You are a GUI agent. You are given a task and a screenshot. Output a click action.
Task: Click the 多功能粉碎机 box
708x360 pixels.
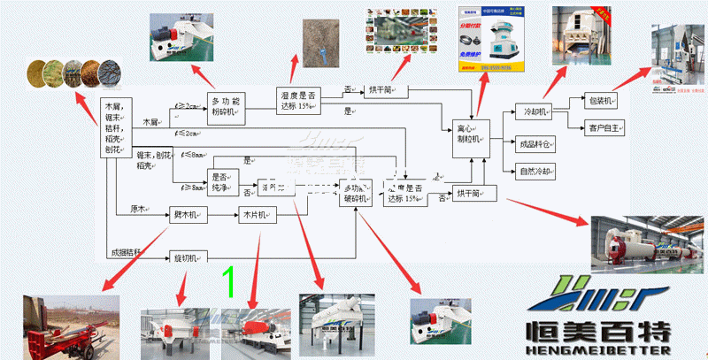point(225,105)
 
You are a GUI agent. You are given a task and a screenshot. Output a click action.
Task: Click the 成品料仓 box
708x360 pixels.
point(534,143)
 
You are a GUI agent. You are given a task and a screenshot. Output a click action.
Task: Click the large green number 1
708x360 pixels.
point(228,281)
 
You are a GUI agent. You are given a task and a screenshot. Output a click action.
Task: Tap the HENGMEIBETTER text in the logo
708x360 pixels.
point(603,349)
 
